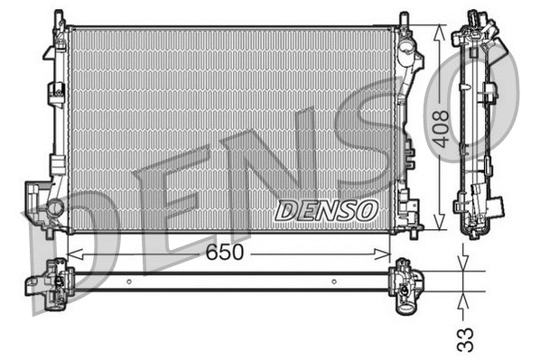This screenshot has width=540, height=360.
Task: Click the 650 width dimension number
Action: pyautogui.click(x=224, y=253)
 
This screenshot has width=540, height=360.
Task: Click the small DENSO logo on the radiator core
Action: pyautogui.click(x=326, y=210)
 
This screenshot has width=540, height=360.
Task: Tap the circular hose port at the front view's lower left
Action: pyautogui.click(x=53, y=208)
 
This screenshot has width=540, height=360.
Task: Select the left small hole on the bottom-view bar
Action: pyautogui.click(x=129, y=281)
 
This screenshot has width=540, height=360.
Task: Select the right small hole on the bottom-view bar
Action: pyautogui.click(x=334, y=281)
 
